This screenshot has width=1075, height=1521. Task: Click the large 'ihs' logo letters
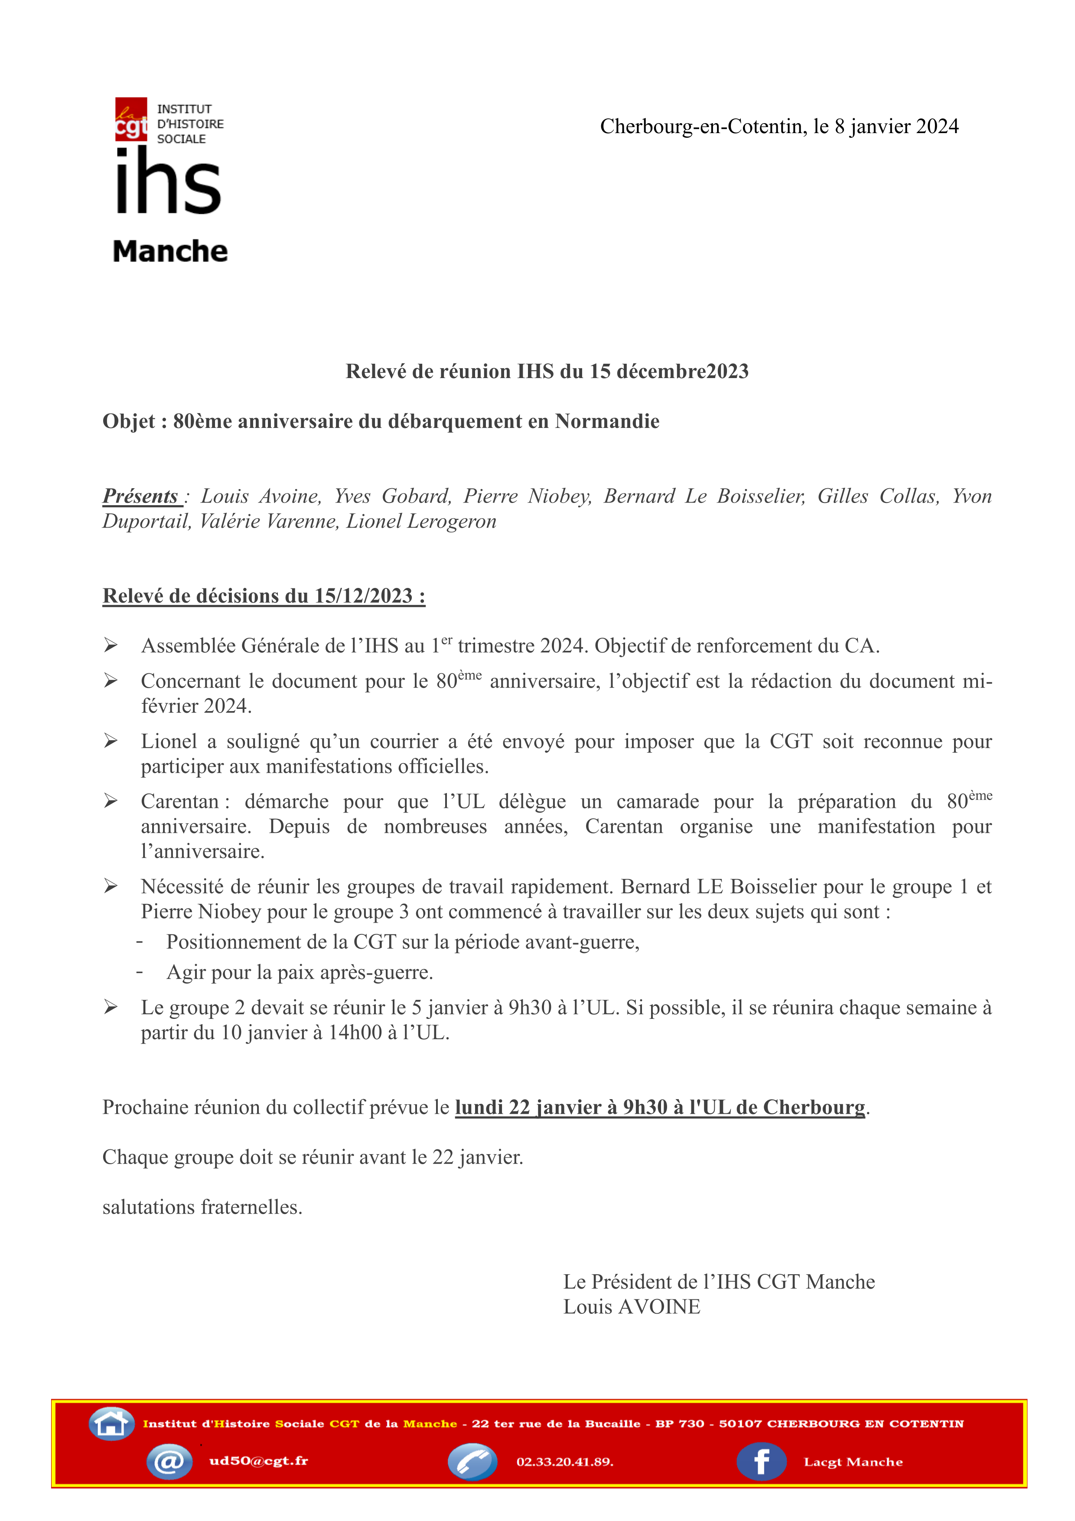168,182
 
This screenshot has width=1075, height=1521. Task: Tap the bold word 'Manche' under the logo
170,252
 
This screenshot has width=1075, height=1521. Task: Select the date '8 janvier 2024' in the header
896,127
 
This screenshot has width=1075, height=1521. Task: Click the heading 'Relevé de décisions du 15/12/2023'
264,596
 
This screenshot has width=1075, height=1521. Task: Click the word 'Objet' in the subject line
128,421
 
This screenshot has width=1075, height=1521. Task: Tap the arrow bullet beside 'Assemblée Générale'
111,645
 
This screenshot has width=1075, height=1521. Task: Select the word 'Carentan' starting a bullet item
179,802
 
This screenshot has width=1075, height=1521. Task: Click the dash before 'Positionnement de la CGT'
140,941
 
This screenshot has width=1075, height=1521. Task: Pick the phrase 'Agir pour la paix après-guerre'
300,973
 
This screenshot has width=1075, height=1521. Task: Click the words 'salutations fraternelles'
202,1207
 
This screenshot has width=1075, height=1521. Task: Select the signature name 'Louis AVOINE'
632,1307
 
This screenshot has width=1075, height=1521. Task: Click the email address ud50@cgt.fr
258,1461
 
